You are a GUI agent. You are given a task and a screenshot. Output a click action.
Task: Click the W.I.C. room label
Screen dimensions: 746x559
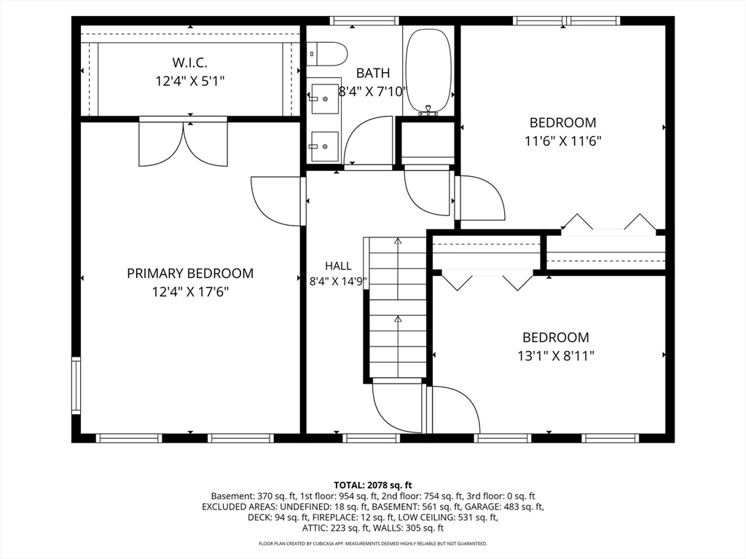189,63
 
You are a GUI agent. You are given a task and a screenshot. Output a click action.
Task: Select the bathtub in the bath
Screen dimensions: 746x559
428,71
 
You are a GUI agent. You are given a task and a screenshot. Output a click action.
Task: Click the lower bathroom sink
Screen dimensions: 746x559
324,146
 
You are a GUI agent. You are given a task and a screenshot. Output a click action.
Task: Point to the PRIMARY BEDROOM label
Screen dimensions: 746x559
190,274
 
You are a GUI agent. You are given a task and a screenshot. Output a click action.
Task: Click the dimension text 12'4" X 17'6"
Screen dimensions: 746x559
190,292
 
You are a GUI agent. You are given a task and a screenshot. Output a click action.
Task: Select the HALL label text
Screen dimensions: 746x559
338,266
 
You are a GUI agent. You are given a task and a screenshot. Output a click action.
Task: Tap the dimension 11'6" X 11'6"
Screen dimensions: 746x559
563,141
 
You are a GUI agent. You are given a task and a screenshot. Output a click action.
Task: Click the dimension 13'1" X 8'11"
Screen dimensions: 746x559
556,355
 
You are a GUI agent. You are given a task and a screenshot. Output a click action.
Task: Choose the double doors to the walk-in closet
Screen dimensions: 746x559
183,143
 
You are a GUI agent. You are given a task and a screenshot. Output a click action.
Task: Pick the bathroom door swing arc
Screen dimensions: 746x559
367,140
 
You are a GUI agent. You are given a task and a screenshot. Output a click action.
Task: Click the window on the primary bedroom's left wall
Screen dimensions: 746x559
76,385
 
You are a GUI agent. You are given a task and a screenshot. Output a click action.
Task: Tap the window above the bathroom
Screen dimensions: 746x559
364,20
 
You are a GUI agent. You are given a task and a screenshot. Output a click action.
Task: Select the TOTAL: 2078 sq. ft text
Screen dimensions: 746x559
373,485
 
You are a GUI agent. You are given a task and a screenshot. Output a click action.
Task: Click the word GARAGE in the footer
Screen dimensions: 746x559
482,507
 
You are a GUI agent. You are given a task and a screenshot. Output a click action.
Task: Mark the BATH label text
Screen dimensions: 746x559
373,74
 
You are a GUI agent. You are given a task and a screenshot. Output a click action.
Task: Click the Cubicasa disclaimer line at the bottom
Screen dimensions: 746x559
373,543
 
